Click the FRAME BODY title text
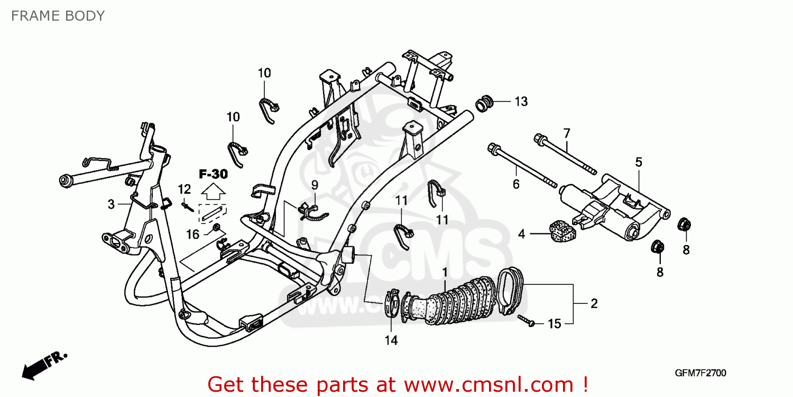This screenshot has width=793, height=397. click(58, 16)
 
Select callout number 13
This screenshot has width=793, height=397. click(521, 102)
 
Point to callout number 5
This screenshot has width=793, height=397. click(639, 162)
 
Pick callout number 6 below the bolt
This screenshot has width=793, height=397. click(516, 184)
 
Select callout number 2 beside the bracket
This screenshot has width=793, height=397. click(594, 303)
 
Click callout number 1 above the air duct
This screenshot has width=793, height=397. click(445, 273)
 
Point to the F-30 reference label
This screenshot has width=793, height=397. click(213, 174)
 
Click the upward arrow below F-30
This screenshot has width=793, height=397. click(213, 192)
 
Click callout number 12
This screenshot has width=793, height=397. click(184, 189)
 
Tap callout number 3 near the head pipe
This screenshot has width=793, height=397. click(111, 204)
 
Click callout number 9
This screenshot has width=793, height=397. click(314, 185)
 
